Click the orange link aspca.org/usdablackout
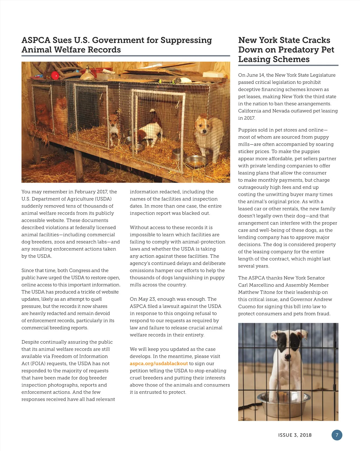click(x=159, y=363)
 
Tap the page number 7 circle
click(x=337, y=435)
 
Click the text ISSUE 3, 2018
click(x=295, y=435)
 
